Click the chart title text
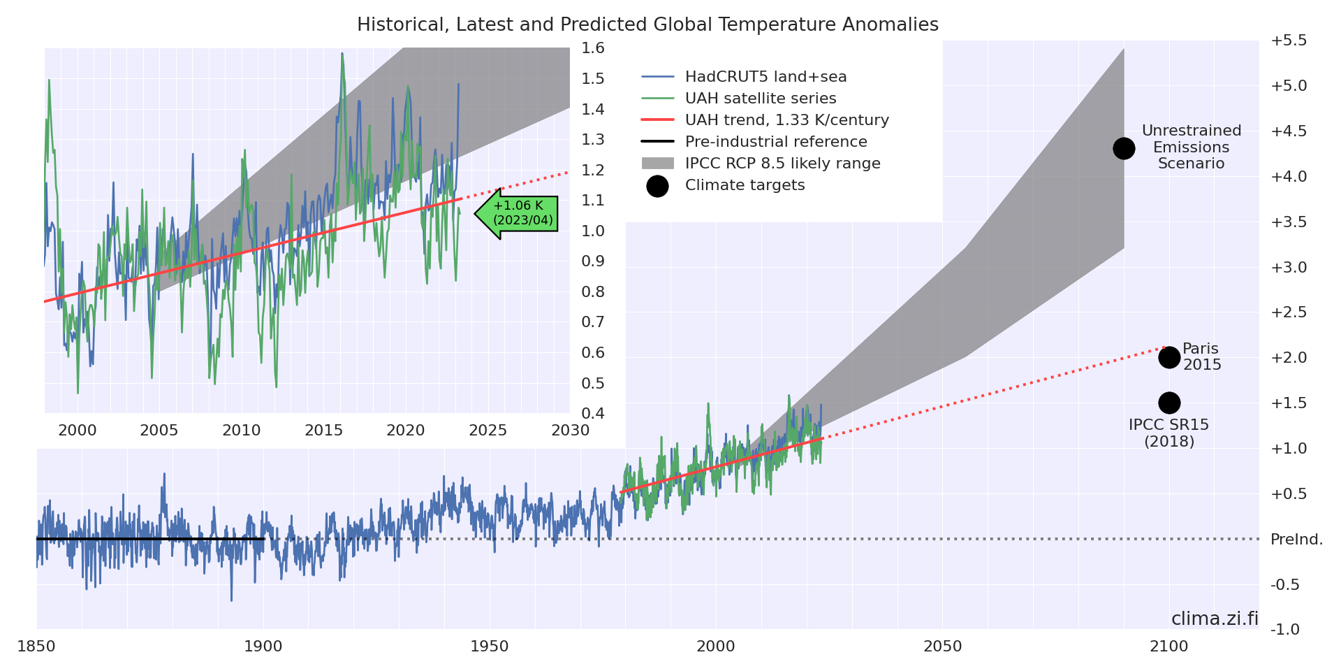pos(647,25)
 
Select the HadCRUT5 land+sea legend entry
pos(765,77)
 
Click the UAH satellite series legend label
pos(761,99)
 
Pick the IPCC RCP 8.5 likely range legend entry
pos(782,164)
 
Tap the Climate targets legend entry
pos(745,185)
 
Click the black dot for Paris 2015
pos(1169,358)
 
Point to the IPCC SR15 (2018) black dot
pos(1169,403)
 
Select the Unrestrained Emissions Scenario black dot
pos(1124,148)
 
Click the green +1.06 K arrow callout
pos(517,213)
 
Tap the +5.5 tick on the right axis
pos(1289,41)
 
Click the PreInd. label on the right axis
pos(1296,540)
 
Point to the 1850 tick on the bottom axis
pos(36,647)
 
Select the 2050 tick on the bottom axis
pos(943,647)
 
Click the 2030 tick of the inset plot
pos(570,431)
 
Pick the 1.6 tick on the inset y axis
pos(593,48)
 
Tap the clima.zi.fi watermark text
pos(1215,619)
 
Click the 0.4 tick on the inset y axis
pos(593,413)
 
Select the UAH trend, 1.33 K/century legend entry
pos(786,120)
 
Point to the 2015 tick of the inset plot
pos(323,431)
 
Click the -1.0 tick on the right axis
pos(1285,630)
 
